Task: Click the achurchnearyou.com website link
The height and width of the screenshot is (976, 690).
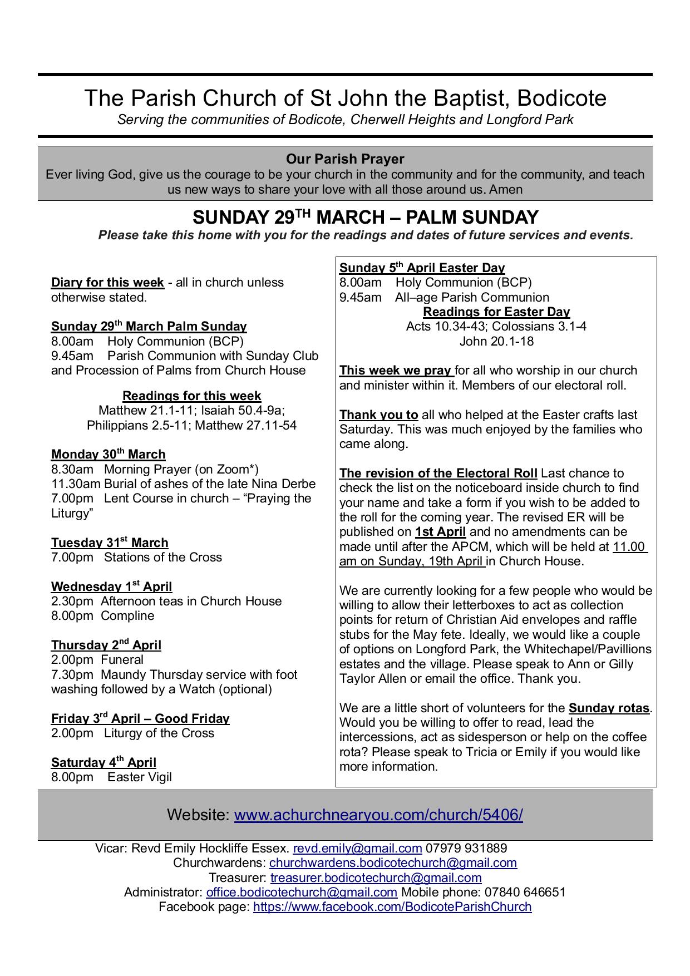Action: coord(378,815)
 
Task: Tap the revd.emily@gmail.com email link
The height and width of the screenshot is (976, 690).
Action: coord(357,849)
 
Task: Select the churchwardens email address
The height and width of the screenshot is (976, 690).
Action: coord(393,863)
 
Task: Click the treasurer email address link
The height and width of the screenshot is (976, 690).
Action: coord(376,878)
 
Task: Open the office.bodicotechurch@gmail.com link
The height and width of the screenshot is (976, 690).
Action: coord(302,893)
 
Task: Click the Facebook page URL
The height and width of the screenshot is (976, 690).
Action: coord(392,907)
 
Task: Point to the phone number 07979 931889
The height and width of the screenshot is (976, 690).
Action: coord(466,849)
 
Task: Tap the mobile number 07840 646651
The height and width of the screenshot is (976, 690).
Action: coord(525,893)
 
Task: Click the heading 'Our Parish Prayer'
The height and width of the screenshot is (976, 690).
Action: coord(345,159)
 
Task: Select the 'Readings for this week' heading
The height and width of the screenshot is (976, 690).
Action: coord(191,396)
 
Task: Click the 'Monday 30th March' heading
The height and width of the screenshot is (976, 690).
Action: coord(108,455)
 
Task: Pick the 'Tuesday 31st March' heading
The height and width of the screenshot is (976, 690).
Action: coord(110,543)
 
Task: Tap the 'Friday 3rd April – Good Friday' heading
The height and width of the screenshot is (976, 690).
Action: coord(140,719)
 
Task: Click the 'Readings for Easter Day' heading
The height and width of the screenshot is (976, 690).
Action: coord(496,312)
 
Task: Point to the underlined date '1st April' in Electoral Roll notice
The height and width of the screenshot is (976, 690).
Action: coord(440,532)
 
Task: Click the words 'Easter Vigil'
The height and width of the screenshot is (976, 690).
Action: coord(140,777)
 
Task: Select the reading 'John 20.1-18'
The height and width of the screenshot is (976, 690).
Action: coord(496,342)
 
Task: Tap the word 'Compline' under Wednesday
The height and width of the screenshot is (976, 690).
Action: coord(127,616)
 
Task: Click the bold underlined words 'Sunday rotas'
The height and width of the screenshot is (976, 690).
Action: coord(609,708)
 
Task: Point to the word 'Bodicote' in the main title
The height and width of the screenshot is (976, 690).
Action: coord(561,98)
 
